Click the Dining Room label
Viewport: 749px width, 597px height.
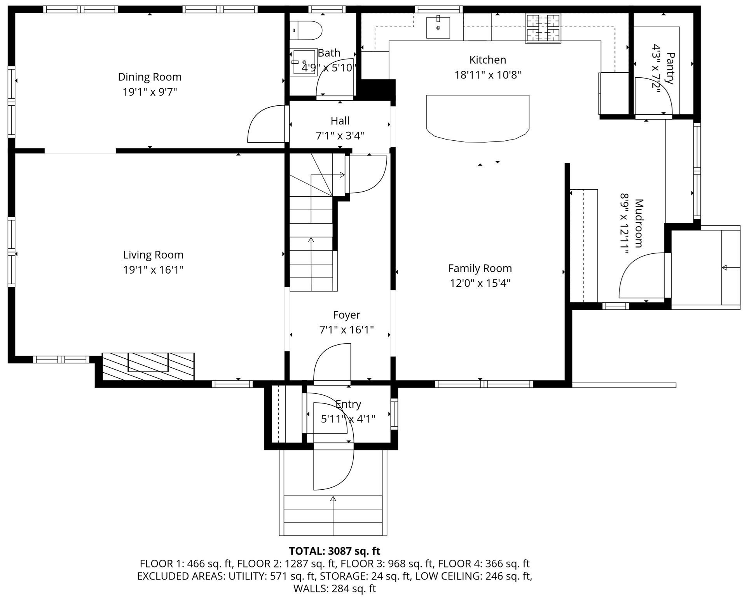[150, 77]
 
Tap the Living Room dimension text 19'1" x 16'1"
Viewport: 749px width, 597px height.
[153, 270]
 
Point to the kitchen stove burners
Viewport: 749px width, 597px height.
[543, 28]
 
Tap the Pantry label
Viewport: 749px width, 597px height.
[670, 68]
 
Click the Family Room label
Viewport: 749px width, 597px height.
[480, 268]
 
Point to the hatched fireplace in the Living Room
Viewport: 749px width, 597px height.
[148, 367]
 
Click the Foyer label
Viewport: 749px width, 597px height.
[346, 315]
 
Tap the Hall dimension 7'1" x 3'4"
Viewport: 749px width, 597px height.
[340, 136]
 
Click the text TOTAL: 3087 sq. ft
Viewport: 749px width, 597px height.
[335, 551]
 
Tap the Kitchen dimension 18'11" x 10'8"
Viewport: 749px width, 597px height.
[488, 75]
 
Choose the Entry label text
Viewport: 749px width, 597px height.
[348, 404]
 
